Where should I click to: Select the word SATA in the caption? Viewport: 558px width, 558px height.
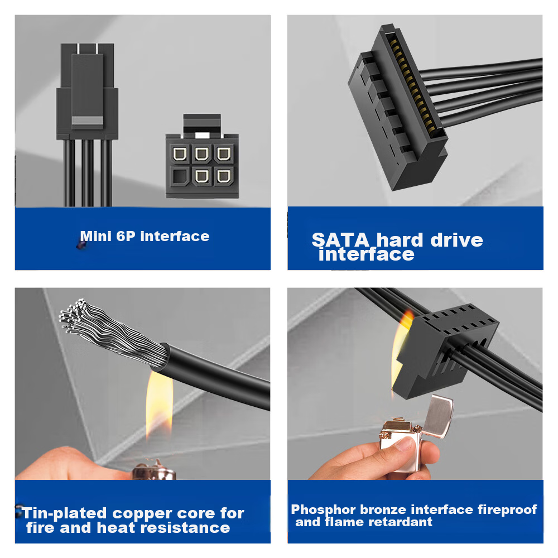(340, 240)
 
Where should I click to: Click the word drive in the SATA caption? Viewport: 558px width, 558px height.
(456, 240)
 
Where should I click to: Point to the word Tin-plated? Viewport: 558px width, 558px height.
(64, 513)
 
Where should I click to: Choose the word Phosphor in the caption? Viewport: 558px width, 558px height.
(323, 510)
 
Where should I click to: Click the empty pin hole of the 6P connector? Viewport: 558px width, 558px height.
(179, 176)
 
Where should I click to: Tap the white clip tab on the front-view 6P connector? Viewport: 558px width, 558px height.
(202, 135)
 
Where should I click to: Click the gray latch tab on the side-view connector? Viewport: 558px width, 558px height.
(87, 121)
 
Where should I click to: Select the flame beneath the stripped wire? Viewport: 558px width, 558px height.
(160, 405)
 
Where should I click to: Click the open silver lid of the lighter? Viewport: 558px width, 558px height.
(439, 416)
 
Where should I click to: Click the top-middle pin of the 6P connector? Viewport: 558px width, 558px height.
(202, 154)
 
